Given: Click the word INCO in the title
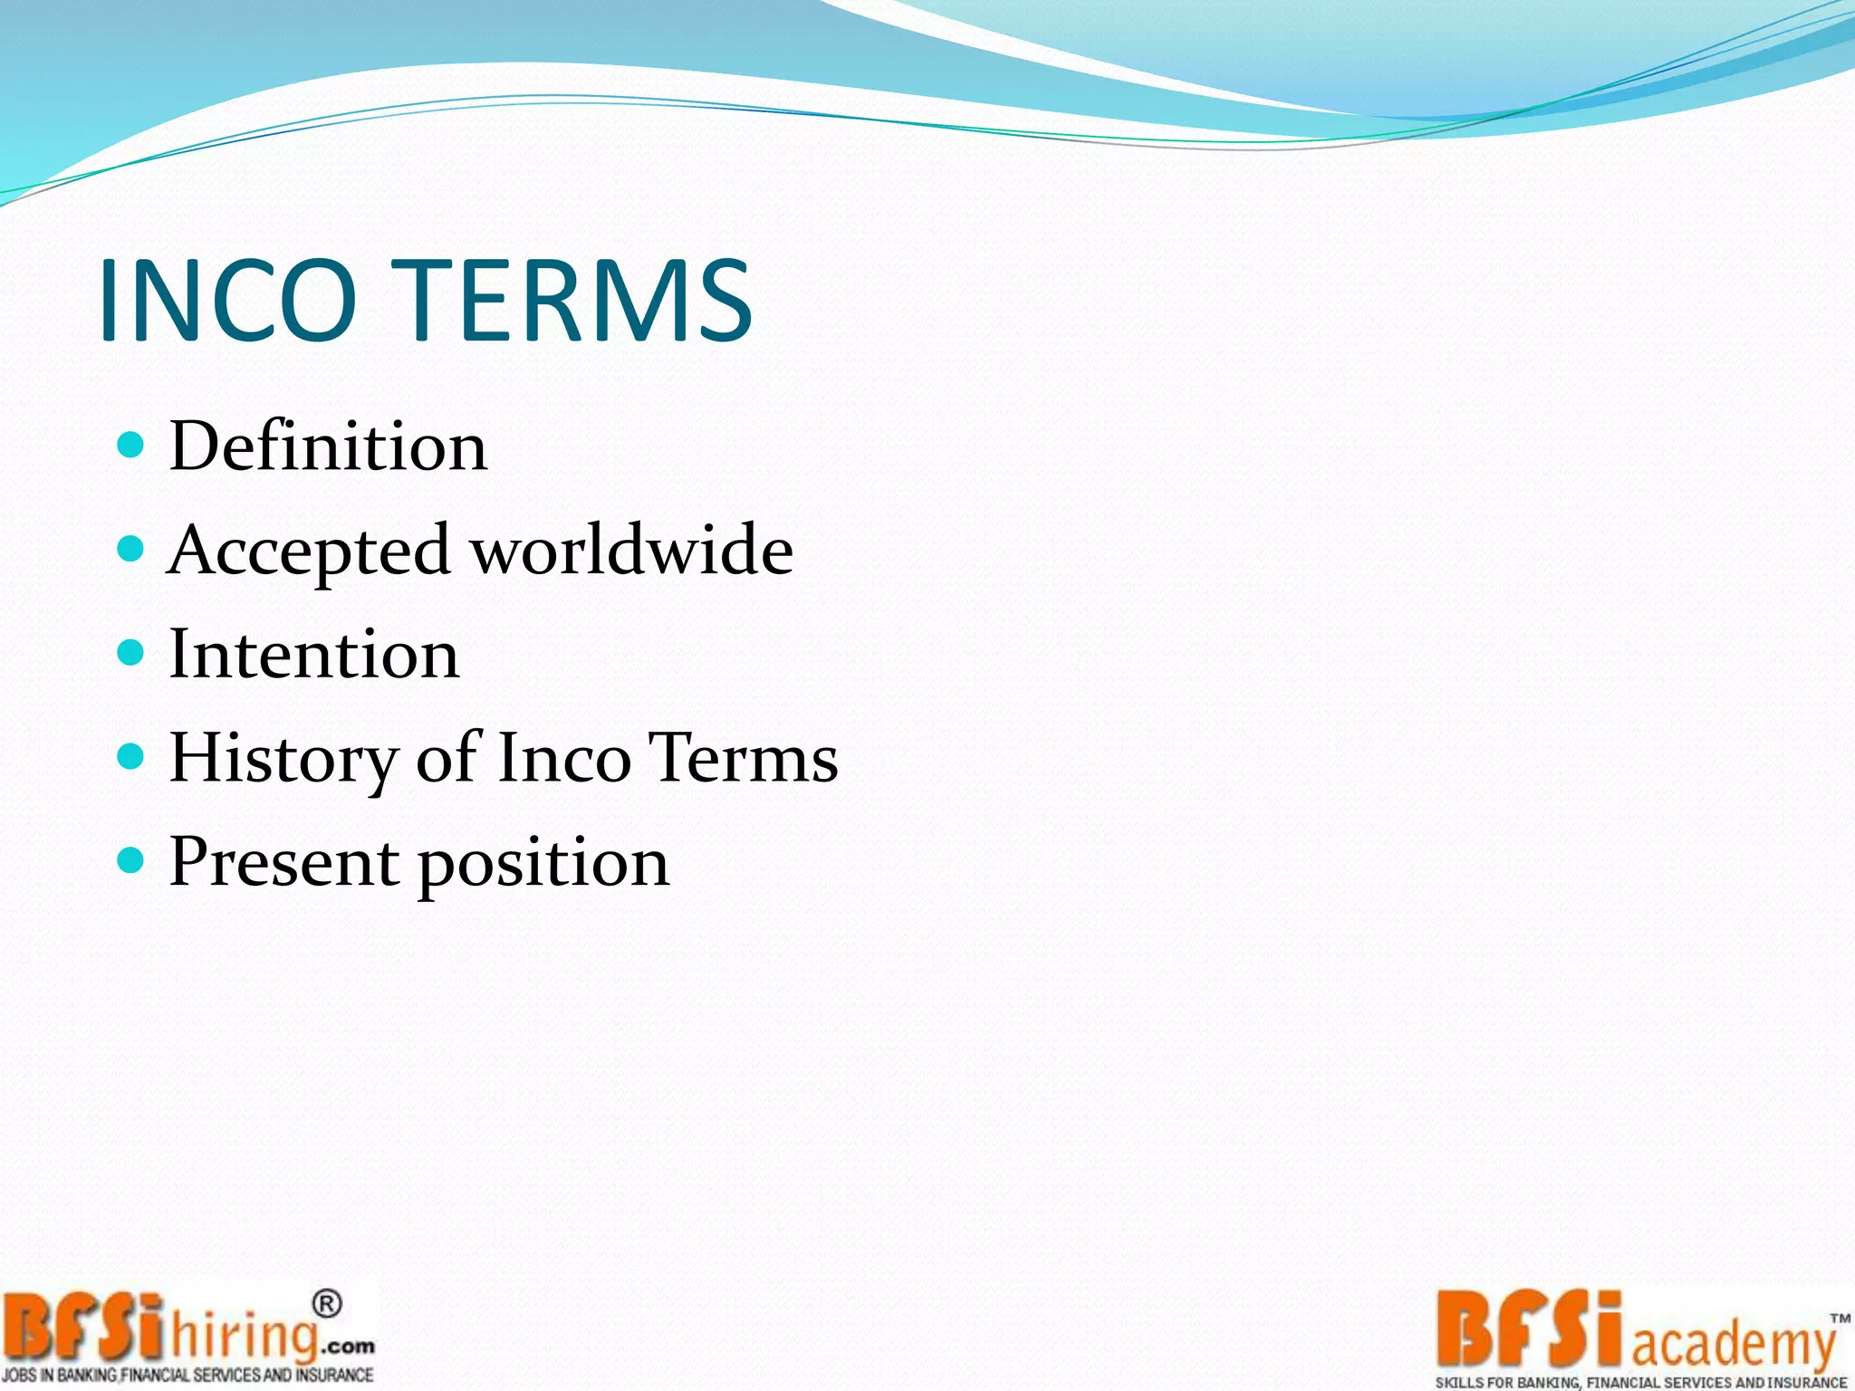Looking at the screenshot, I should coord(228,300).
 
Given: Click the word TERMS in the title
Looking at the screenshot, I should coord(577,300).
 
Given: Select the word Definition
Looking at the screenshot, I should coord(328,446).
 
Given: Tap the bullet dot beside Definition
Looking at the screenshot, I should coord(131,445).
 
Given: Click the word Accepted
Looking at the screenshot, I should coord(309,550).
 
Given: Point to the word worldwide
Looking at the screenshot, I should coord(633,550).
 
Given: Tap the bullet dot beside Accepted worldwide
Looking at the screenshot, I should coord(131,548).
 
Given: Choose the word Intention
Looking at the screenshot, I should coord(313,654).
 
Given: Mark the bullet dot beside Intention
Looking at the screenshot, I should coord(131,652).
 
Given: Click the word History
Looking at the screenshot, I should coord(283,758).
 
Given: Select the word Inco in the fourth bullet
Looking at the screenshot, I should coord(564,758).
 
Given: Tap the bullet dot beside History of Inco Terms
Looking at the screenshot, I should coord(131,756).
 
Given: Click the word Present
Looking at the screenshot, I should coord(284,861).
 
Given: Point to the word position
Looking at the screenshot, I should coord(543,865).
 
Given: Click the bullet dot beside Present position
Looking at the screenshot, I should coord(131,859).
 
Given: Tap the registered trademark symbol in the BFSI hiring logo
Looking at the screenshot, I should coord(327,1305).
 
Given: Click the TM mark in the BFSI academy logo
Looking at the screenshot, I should coord(1840,1319).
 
